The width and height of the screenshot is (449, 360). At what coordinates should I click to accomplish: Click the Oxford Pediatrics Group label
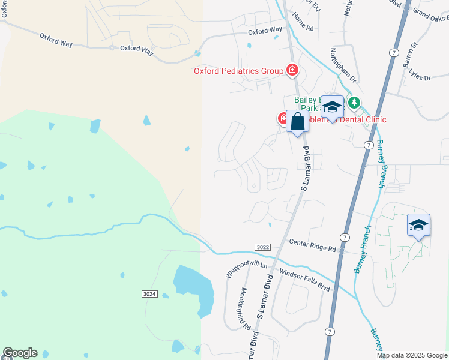(x=238, y=71)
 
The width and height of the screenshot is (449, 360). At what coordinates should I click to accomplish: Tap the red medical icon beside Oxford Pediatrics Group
(x=292, y=71)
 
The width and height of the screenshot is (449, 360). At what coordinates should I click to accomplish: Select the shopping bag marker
(x=297, y=122)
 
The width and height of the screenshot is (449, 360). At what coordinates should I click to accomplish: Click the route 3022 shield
(x=262, y=247)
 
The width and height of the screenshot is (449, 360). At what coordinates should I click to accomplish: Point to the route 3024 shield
(x=150, y=293)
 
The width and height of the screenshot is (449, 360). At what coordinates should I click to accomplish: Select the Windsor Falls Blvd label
(x=305, y=279)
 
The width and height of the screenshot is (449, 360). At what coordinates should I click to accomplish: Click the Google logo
(x=20, y=353)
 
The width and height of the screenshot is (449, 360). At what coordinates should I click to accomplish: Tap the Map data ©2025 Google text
(x=412, y=355)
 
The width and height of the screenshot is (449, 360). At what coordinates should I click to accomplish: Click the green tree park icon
(x=355, y=103)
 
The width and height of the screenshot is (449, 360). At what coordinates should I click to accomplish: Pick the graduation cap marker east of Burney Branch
(x=418, y=226)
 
